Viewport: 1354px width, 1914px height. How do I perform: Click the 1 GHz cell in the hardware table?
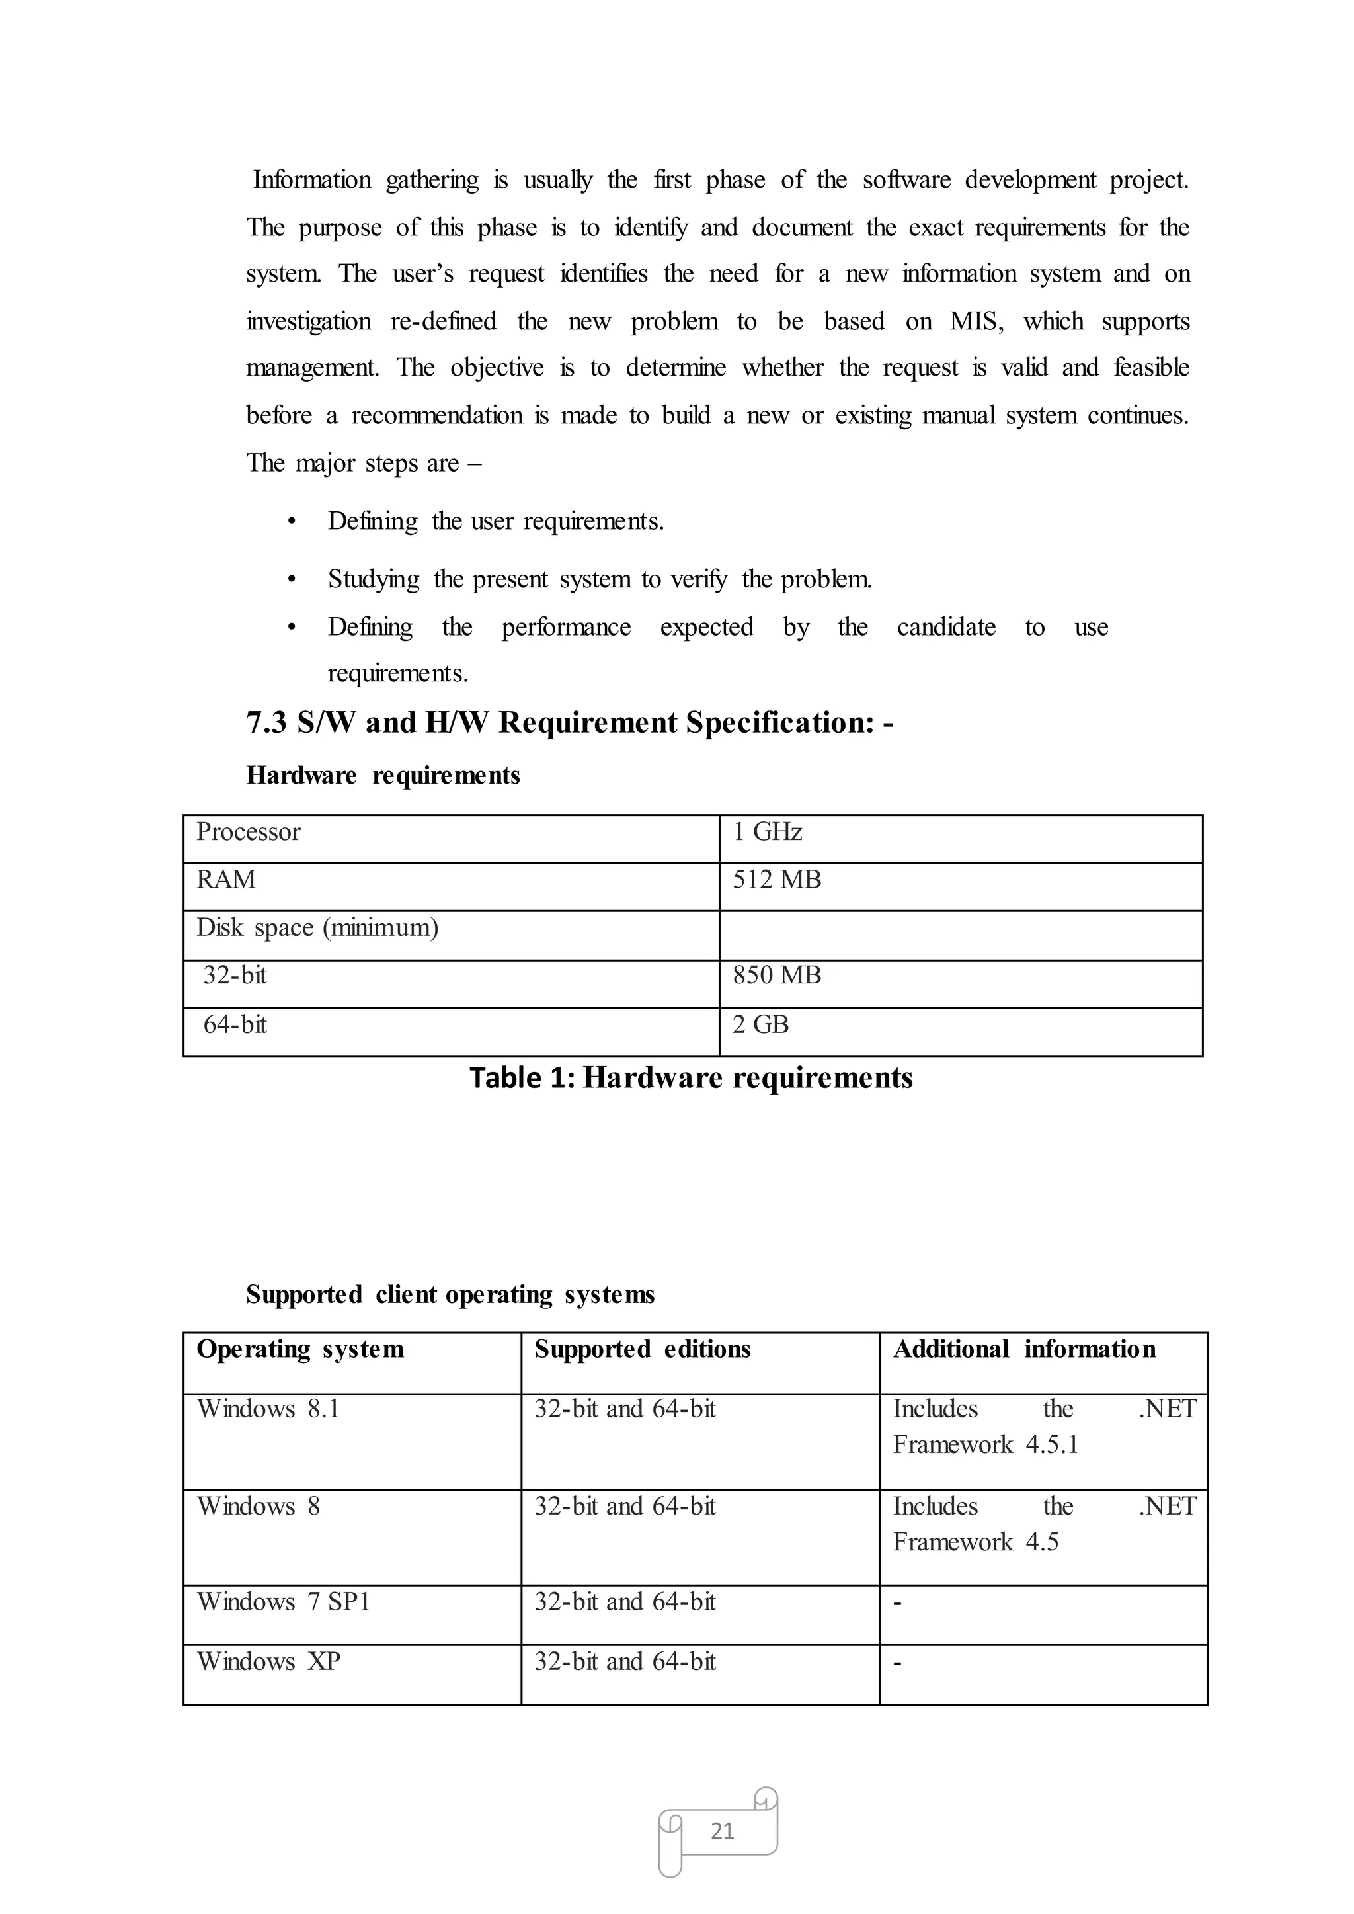point(766,831)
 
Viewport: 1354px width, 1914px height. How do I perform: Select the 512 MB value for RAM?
point(776,879)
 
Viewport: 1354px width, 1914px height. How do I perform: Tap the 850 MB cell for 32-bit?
point(776,975)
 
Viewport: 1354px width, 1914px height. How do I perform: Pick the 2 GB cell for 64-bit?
point(760,1024)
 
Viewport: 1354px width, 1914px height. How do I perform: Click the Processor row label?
point(248,831)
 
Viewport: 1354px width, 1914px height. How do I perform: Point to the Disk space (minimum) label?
point(317,927)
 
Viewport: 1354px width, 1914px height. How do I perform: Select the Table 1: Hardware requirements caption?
point(690,1077)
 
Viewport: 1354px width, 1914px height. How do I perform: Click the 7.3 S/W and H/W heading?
point(569,722)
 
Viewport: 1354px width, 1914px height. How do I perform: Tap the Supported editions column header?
point(642,1349)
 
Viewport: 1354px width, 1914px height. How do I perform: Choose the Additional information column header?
point(1024,1349)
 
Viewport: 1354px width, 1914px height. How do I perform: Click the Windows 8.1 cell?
point(268,1409)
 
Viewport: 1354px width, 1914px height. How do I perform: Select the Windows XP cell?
point(268,1661)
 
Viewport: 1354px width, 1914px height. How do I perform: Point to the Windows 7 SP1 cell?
point(283,1601)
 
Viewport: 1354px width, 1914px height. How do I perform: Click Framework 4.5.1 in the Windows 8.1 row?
point(986,1445)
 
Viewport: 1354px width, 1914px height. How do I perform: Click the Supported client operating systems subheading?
point(450,1294)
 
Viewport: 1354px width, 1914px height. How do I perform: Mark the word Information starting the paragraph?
point(312,180)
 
